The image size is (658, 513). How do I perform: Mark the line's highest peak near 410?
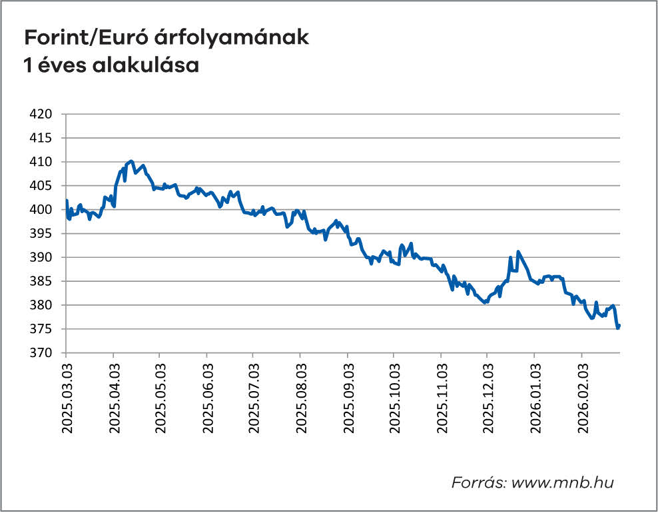131,161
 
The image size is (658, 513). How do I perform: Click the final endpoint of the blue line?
619,326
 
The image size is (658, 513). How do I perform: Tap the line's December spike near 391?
518,252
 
